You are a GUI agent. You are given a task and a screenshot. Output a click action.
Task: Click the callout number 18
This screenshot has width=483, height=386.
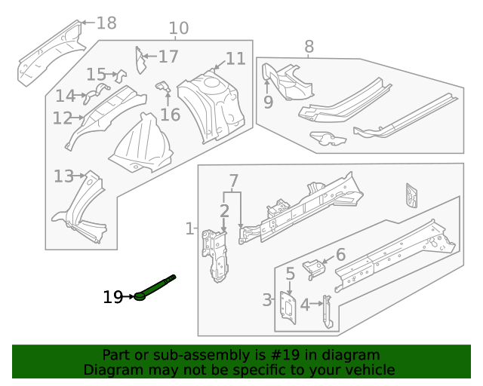[106, 23]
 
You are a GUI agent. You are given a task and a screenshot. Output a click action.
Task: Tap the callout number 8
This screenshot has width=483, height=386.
[309, 47]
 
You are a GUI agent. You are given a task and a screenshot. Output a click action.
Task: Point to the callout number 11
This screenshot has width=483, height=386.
[235, 59]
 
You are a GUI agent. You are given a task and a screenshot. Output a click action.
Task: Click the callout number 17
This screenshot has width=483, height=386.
[168, 57]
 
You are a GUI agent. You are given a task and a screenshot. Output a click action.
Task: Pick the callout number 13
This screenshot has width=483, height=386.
[63, 176]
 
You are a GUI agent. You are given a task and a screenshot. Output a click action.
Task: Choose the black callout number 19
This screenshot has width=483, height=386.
[112, 298]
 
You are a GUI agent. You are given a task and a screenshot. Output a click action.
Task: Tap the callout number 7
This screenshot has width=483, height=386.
[233, 181]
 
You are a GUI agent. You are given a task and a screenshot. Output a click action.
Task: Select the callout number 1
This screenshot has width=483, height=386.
[189, 228]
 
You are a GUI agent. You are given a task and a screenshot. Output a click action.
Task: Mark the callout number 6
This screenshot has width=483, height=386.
[340, 255]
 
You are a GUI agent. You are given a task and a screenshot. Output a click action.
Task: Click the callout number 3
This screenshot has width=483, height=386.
[267, 301]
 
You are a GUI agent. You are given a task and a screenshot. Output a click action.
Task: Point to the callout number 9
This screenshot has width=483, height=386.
[268, 102]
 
